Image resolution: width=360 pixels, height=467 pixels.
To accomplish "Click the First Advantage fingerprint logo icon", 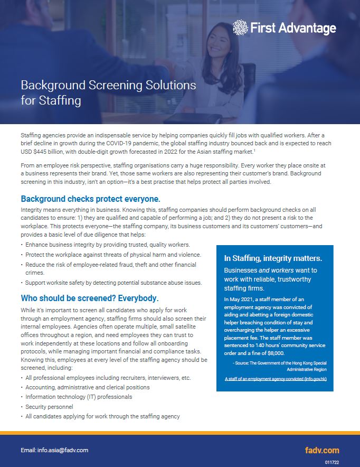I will (240, 27).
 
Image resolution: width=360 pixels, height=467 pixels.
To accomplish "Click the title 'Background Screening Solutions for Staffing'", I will (108, 92).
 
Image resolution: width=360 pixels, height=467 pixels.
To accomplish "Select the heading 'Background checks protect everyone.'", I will (90, 199).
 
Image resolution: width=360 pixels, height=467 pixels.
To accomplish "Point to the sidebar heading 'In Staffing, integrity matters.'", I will (273, 258).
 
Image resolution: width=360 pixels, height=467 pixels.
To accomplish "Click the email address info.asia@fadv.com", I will (54, 450).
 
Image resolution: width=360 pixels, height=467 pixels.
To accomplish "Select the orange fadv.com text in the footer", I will (322, 451).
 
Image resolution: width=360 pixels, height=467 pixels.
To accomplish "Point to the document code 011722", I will (331, 461).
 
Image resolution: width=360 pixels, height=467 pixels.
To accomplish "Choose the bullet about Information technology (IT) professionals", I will (79, 397).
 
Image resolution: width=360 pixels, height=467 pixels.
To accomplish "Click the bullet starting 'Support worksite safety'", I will (113, 283).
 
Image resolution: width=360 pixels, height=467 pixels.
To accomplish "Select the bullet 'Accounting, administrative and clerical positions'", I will (88, 387).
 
